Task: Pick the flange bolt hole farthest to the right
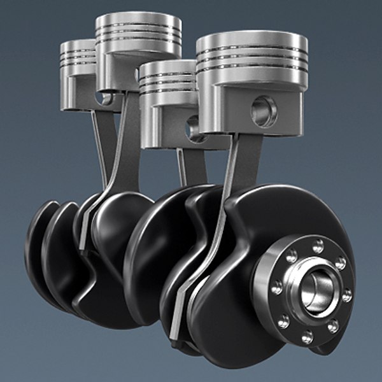click(346, 295)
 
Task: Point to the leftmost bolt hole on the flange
click(277, 288)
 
